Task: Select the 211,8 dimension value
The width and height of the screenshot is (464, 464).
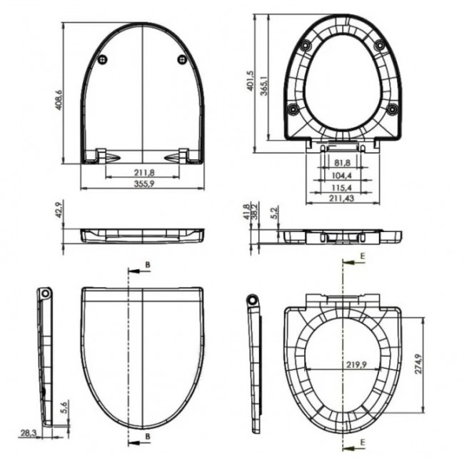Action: [x=143, y=172]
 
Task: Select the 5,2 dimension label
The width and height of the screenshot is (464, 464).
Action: [x=276, y=213]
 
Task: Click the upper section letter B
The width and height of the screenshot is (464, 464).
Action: [x=148, y=266]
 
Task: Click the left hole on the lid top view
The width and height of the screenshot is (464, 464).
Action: [x=105, y=59]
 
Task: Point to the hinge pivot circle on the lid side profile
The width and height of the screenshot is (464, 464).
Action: [x=46, y=294]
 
